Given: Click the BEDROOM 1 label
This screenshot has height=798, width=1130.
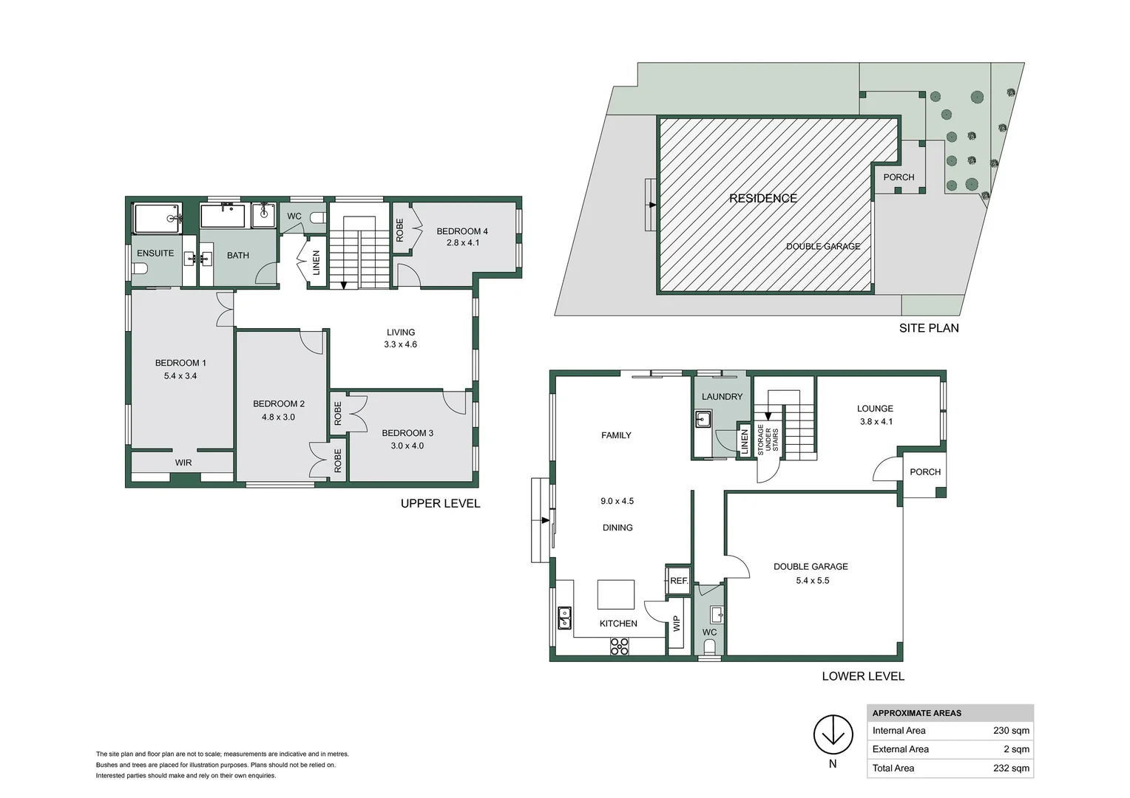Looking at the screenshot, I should click(x=180, y=363).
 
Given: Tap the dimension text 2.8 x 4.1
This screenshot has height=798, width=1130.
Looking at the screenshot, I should click(x=463, y=243).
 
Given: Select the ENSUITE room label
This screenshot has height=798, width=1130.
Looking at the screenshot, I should click(x=155, y=253).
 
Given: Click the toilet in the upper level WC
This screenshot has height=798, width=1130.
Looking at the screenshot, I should click(x=317, y=217).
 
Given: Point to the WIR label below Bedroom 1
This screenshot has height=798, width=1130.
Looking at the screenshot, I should click(x=183, y=463).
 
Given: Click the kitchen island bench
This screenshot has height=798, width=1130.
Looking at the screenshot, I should click(x=616, y=594).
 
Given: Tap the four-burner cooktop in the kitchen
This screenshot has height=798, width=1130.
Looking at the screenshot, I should click(x=619, y=647).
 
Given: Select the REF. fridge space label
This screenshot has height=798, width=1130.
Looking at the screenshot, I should click(x=679, y=581).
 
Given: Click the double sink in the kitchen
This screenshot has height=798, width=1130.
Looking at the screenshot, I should click(x=564, y=617).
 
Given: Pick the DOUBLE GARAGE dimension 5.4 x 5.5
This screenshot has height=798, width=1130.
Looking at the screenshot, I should click(x=812, y=581).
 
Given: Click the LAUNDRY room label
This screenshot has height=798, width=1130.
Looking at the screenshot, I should click(x=722, y=397).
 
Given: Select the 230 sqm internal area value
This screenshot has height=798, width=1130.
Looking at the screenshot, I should click(x=1011, y=731).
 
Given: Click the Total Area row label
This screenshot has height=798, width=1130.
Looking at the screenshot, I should click(x=893, y=768).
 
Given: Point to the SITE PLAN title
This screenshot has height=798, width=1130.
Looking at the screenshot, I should click(x=929, y=328).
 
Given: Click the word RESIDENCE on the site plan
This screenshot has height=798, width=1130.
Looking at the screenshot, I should click(x=763, y=198).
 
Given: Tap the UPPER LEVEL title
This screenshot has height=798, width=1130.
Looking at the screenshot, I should click(x=440, y=504).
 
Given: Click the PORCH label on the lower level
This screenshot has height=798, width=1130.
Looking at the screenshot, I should click(x=925, y=472).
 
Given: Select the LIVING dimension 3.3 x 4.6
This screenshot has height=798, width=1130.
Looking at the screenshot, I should click(x=400, y=344).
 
